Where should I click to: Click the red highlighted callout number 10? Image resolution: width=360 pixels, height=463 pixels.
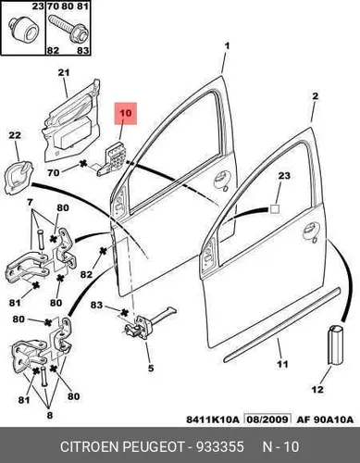[x=126, y=113]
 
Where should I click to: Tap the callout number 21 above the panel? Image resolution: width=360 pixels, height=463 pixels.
[x=64, y=73]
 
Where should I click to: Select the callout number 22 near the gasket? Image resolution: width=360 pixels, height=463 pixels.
[x=15, y=135]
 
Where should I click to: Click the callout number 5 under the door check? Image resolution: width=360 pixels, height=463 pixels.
[x=151, y=369]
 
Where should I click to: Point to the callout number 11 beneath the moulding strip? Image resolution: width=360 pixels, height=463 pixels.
[x=282, y=364]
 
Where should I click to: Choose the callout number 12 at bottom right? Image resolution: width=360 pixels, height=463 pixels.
[x=317, y=389]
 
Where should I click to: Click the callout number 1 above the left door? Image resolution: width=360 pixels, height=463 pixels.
[x=227, y=46]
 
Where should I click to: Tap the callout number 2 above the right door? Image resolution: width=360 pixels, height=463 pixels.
[x=315, y=96]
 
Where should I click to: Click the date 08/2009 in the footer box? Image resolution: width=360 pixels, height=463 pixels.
[x=267, y=419]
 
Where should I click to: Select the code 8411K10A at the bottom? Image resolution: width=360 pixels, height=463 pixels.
[x=213, y=419]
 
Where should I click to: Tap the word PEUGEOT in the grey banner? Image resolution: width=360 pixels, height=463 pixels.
[x=154, y=447]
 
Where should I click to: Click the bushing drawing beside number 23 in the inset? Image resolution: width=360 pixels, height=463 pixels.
[x=23, y=30]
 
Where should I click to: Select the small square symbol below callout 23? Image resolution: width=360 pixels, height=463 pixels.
[x=275, y=209]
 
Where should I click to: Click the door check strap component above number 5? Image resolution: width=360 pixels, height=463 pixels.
[x=149, y=324]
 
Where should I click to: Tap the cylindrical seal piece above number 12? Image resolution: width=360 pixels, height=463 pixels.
[x=335, y=344]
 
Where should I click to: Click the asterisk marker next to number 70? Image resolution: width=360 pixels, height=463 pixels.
[x=82, y=164]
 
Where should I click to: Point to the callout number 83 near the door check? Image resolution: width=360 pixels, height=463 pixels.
[x=96, y=306]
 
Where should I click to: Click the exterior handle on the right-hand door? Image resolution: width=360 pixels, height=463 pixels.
[x=310, y=231]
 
